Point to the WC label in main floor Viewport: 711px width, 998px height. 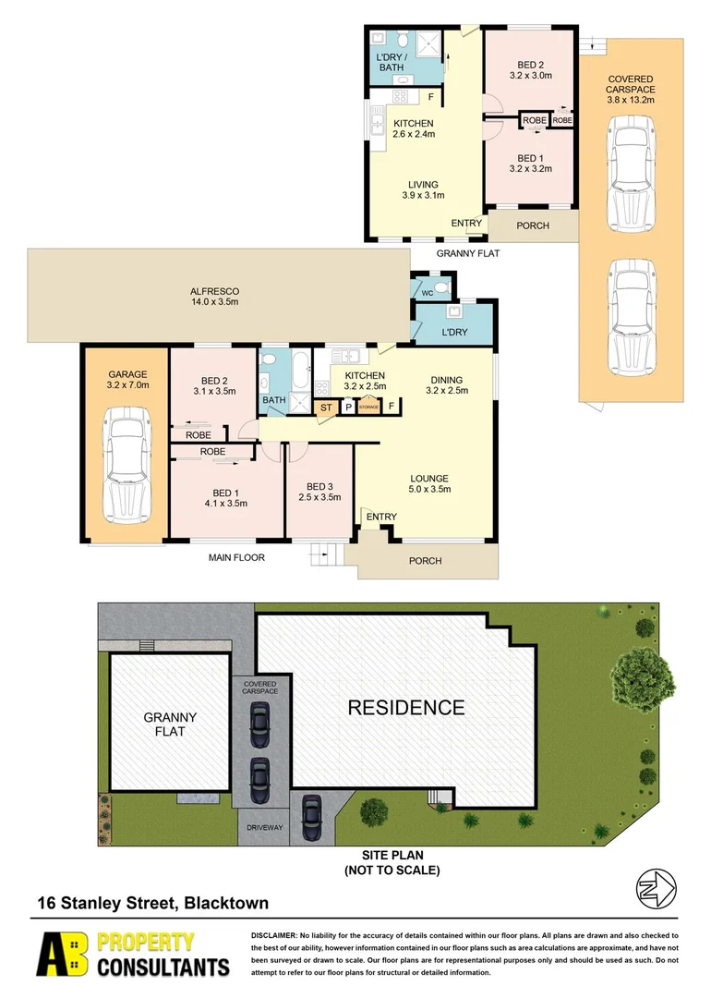click(427, 293)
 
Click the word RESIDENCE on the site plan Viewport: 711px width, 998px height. click(405, 708)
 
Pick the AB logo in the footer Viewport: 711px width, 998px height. click(64, 954)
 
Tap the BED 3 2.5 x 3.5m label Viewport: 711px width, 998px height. click(319, 492)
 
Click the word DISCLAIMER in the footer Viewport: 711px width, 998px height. click(273, 936)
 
